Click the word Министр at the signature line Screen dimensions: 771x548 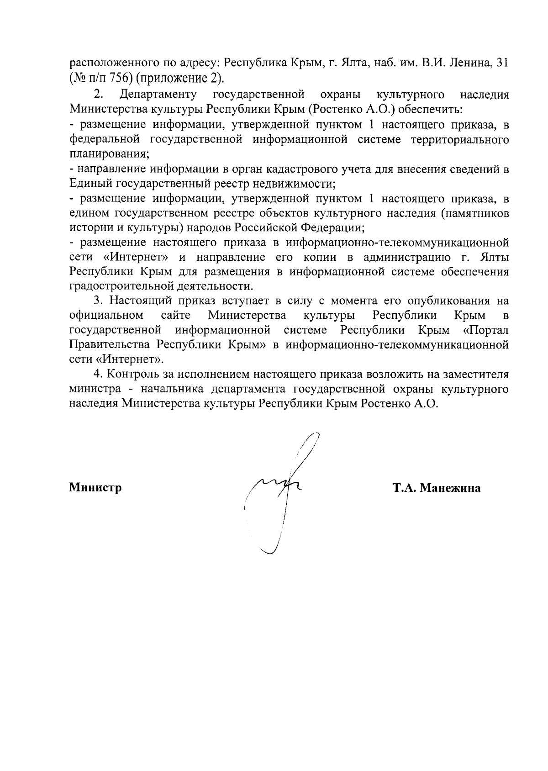[95, 488]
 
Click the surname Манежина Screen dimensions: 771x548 [450, 488]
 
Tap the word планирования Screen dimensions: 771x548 [109, 154]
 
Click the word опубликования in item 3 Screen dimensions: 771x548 [447, 301]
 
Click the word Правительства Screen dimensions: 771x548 [109, 345]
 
